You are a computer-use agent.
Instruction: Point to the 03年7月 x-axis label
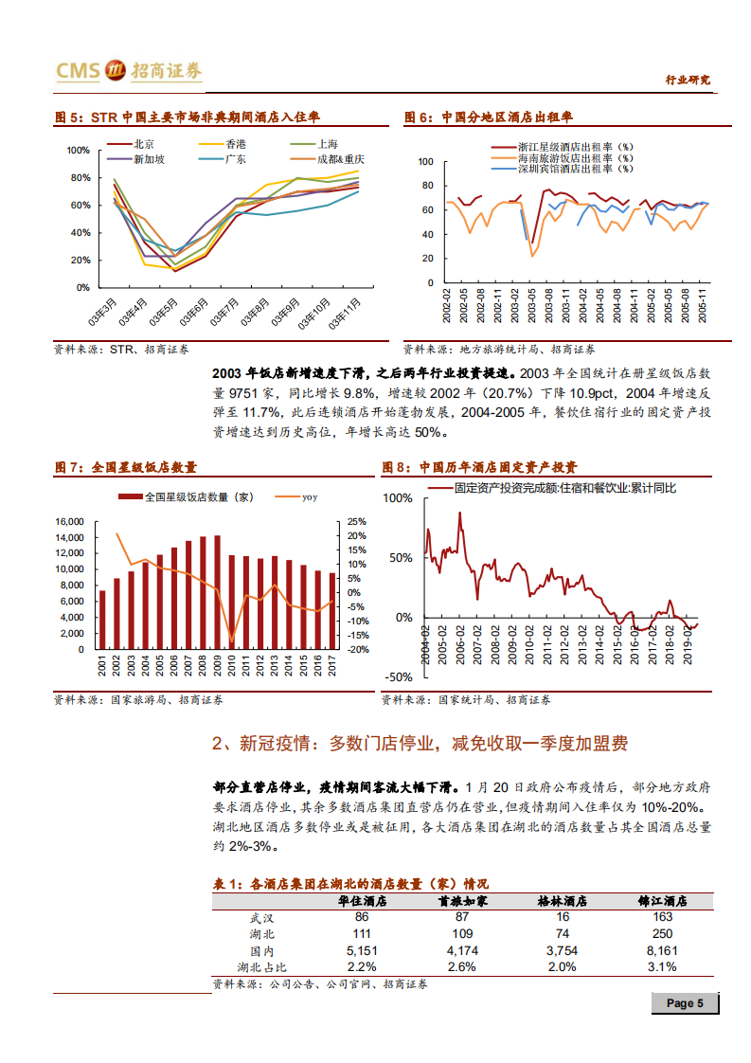(226, 311)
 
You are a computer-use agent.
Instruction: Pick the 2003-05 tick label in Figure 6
(531, 307)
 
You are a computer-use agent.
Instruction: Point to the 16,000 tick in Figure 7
(70, 522)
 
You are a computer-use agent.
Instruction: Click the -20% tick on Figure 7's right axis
(357, 650)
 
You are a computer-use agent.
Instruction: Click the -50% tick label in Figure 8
(398, 676)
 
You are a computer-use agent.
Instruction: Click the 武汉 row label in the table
(259, 917)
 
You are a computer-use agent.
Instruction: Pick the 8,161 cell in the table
(662, 950)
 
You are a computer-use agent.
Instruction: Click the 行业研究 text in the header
(688, 81)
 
